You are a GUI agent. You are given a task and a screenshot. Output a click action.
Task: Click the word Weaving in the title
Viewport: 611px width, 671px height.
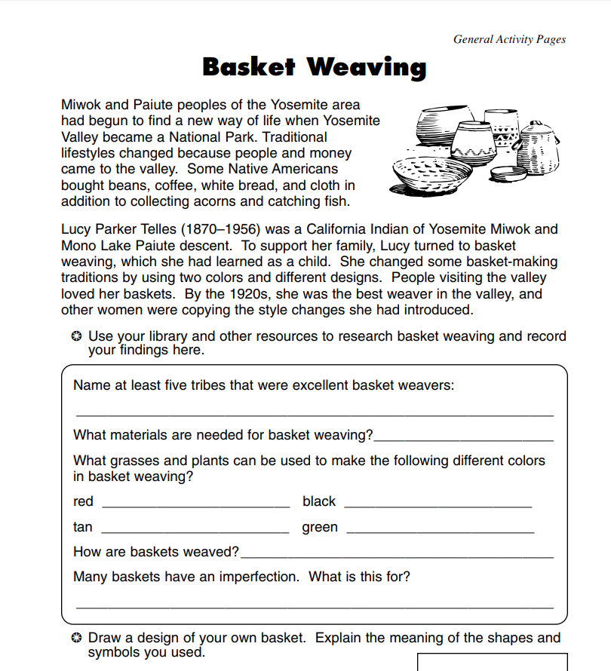click(367, 68)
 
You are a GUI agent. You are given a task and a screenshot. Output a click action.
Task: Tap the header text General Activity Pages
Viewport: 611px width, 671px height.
click(509, 39)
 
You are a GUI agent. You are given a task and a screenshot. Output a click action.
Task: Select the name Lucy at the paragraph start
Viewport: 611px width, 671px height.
click(77, 229)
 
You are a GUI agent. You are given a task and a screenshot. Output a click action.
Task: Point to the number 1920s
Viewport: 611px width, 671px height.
click(207, 294)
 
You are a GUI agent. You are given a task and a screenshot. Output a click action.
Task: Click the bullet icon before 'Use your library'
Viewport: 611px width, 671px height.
click(76, 336)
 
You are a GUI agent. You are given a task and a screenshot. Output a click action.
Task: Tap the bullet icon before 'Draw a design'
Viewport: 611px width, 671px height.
click(76, 638)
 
